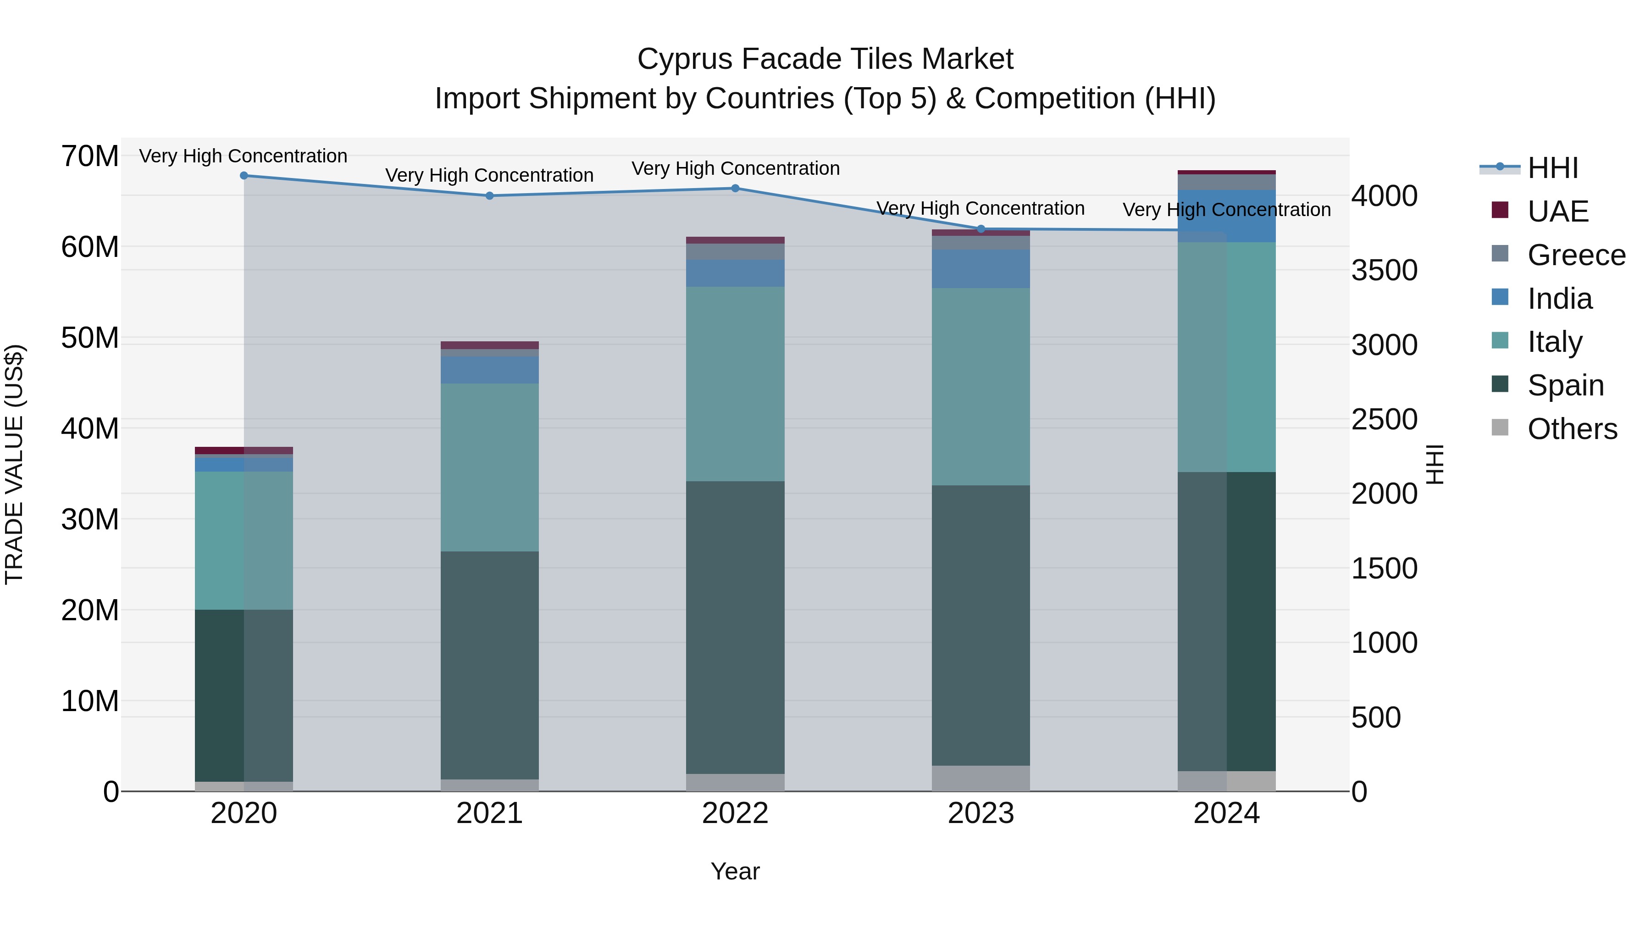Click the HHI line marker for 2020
point(244,176)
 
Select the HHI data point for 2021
point(490,195)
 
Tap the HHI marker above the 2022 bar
point(735,189)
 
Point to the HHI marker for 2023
point(981,229)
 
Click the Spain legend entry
point(1565,385)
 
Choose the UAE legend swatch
point(1500,210)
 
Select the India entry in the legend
point(1559,299)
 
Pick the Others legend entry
point(1572,429)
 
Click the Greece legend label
point(1576,255)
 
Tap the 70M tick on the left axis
point(90,156)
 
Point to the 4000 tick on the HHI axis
point(1385,196)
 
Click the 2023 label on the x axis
point(981,813)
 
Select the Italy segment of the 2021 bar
point(490,467)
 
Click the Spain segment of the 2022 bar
point(735,627)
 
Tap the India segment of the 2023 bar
point(981,269)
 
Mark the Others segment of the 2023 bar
point(981,779)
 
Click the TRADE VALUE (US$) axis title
point(14,464)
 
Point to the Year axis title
point(735,871)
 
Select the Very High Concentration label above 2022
point(735,169)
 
